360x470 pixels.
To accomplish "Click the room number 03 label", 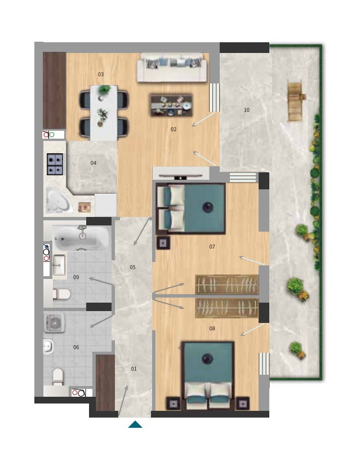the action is point(101,74).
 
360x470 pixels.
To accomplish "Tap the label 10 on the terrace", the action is point(246,110).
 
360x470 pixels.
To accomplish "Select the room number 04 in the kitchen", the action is point(93,163).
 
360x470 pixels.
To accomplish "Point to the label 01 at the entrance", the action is point(134,369).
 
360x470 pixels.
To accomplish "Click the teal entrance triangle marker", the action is point(135,424).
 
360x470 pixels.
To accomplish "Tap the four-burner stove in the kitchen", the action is point(55,164).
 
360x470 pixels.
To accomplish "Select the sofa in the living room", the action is point(172,68).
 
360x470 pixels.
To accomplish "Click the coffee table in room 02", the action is point(171,105).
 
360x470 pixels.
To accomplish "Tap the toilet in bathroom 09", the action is point(61,294).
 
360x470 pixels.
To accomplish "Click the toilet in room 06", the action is point(58,376).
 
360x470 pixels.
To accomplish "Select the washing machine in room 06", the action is point(55,323).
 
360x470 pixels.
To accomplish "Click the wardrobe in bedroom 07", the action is point(226,285).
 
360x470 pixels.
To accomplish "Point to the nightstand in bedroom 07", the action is point(163,243).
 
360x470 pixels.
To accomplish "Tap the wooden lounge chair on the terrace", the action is point(296,101).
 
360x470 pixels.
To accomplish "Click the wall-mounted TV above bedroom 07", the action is point(180,177).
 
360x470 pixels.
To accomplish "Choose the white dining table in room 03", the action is point(104,113).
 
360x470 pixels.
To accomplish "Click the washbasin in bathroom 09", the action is point(59,265).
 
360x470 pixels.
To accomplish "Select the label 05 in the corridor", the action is point(132,267).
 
